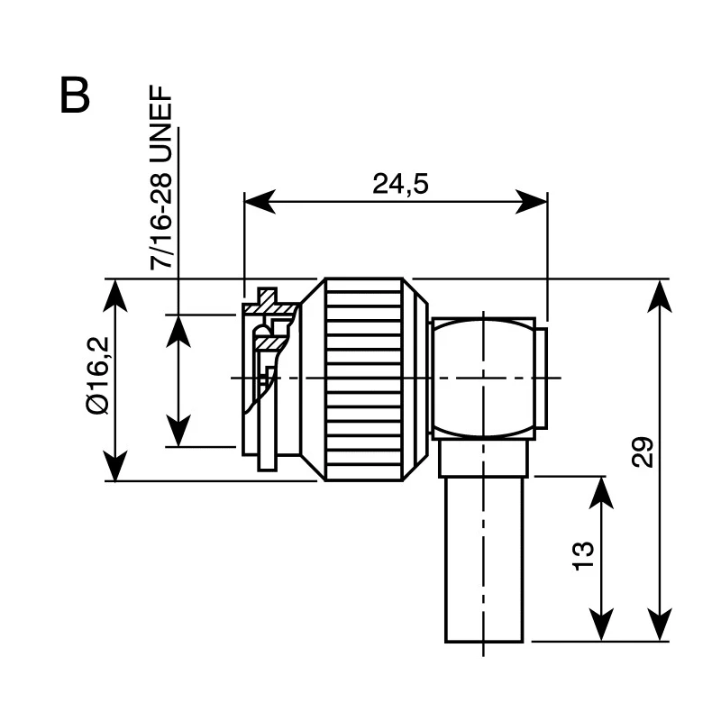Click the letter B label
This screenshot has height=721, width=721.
point(75,96)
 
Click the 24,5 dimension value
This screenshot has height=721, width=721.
point(400,184)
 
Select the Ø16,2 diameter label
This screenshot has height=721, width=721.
point(98,375)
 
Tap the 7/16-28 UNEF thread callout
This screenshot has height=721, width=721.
point(161,178)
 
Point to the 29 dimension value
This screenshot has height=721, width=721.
point(643,452)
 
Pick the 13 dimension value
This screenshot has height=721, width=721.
point(583,556)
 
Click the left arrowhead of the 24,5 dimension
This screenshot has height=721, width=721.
point(260,201)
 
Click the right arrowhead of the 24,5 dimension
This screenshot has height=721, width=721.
point(532,201)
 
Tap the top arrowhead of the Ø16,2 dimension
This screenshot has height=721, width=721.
point(114,296)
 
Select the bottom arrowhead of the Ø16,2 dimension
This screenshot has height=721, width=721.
point(114,465)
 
